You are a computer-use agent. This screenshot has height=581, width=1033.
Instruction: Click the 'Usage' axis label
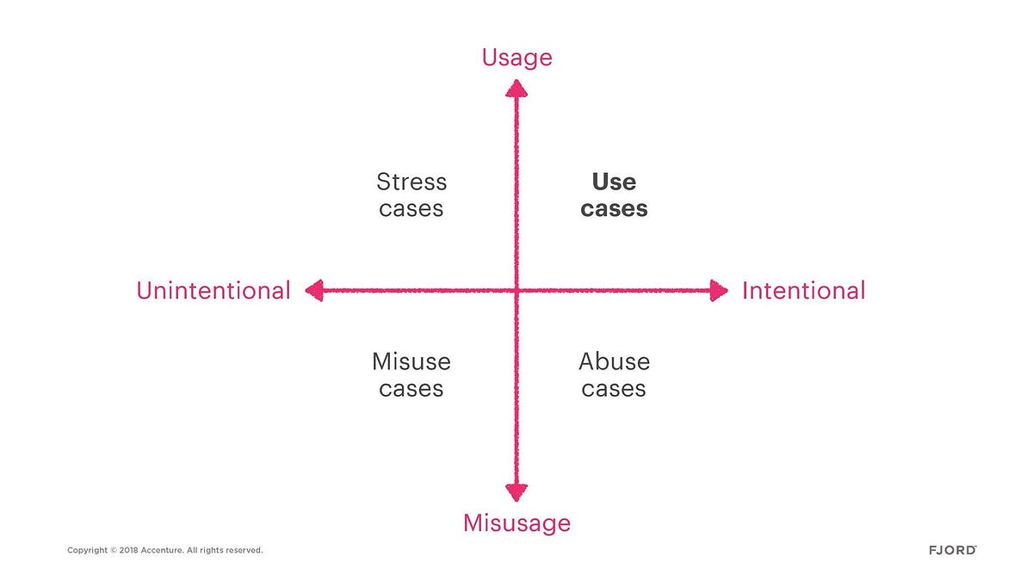point(517,59)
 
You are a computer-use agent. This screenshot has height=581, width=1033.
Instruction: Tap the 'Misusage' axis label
point(517,523)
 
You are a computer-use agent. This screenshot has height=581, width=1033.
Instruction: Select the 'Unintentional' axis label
point(213,291)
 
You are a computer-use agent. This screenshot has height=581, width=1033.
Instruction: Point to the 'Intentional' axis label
point(803,291)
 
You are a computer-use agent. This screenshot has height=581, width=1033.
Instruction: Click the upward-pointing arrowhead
point(516,89)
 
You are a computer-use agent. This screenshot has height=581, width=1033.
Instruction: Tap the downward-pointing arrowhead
point(516,492)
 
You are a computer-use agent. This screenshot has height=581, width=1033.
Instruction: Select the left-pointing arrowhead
point(314,291)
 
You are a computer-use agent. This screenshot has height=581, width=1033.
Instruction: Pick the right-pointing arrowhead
point(719,291)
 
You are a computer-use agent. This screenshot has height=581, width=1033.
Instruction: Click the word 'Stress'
point(411,182)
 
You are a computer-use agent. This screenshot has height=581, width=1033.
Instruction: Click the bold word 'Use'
point(614,182)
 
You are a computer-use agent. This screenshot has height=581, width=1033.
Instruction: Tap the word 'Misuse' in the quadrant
point(411,362)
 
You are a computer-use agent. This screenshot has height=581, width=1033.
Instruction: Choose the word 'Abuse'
point(615,362)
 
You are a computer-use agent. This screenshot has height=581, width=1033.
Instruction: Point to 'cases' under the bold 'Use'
point(614,209)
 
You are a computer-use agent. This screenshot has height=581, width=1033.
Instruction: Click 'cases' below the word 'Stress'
point(411,209)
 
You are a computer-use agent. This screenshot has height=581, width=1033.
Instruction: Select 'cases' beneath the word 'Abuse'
point(614,389)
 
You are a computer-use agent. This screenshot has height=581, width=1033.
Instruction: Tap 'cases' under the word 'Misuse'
point(411,389)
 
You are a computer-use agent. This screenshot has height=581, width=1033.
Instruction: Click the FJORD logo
point(953,550)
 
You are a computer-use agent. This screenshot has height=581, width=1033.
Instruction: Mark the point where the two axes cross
point(516,291)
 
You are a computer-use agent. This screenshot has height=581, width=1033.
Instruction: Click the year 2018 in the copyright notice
point(128,550)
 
